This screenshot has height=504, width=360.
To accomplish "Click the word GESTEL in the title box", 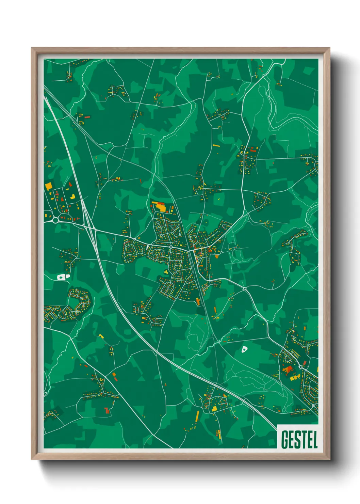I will coord(299,439).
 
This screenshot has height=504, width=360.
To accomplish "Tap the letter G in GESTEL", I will coord(285,439).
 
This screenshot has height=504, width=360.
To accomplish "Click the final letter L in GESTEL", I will coord(315,439).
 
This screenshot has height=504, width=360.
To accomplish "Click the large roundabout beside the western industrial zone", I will coord(55,220).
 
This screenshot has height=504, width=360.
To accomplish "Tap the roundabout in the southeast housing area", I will coord(300,367).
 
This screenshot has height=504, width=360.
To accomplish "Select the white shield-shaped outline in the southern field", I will coord(244,349).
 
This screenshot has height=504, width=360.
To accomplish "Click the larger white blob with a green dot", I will coord(61,277).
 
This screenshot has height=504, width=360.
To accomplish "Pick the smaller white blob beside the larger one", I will coord(67,276).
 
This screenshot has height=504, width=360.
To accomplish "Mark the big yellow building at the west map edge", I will coord(48,186).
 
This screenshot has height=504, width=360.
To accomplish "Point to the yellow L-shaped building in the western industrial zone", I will coord(73,196).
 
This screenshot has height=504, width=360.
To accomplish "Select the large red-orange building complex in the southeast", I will coord(288,369).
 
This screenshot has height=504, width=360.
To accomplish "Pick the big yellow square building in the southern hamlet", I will coord(214,409).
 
